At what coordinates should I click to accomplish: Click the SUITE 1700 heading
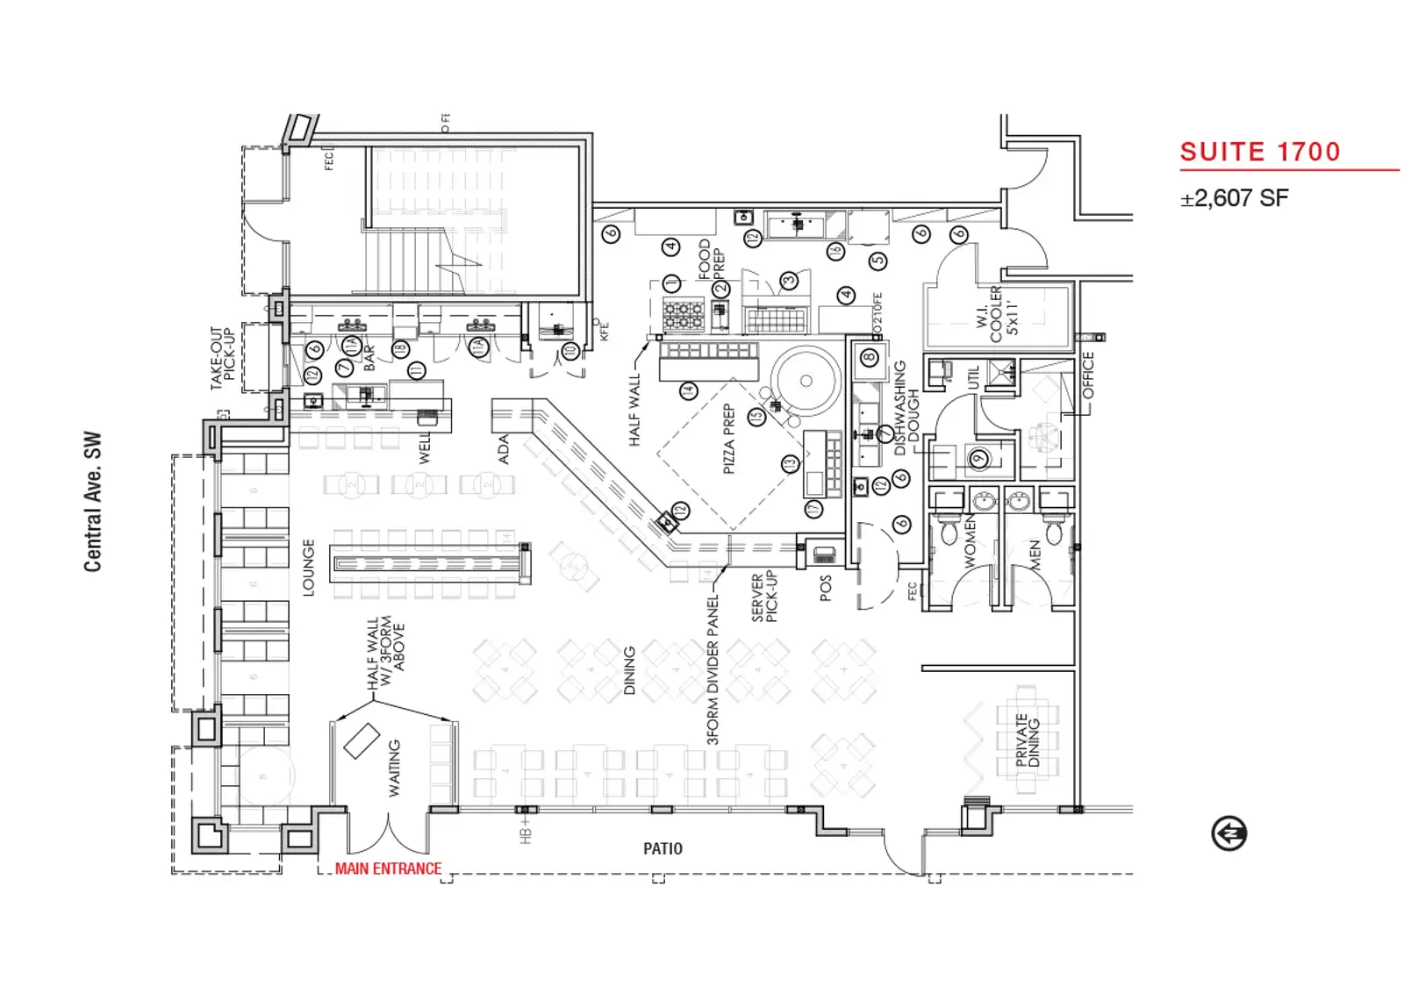click(1259, 152)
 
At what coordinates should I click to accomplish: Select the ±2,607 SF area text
click(1234, 198)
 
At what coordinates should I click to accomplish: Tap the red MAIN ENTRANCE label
click(388, 869)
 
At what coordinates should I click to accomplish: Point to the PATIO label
click(663, 848)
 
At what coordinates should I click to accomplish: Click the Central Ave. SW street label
click(93, 501)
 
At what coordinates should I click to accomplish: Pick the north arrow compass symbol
click(1228, 833)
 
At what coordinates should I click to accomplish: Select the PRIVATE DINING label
click(1028, 740)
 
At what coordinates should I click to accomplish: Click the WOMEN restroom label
click(970, 542)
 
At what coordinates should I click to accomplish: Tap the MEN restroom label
click(1035, 556)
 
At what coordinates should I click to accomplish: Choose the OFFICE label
click(1088, 375)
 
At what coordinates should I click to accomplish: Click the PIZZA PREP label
click(728, 439)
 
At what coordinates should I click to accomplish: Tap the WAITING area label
click(394, 768)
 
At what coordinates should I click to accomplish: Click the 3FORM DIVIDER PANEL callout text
click(713, 669)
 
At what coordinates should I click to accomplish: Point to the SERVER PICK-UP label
click(764, 597)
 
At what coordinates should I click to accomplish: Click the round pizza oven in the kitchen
click(806, 381)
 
